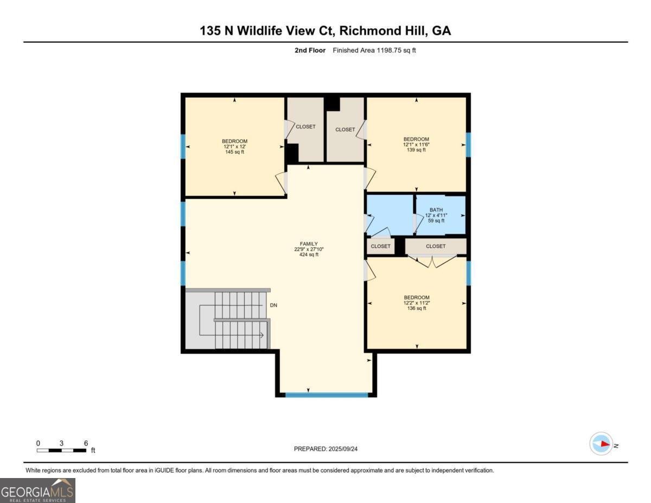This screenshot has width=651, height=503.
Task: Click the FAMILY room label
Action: coord(309,244)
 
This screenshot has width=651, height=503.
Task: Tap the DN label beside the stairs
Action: coord(274,305)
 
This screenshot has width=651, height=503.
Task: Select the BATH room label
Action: coord(436,209)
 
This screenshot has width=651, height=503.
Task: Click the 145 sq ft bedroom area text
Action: coord(234,152)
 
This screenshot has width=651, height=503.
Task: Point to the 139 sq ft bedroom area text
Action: coord(416,150)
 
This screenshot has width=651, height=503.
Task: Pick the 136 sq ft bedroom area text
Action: coord(417,308)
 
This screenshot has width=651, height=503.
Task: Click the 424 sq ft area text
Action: coord(309,254)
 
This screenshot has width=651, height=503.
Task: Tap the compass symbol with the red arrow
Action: coord(601,444)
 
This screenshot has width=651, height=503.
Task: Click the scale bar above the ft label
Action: coord(62,450)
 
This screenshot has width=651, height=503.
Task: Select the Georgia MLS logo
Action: coord(38,490)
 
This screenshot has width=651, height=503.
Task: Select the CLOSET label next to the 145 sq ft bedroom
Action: coord(305,126)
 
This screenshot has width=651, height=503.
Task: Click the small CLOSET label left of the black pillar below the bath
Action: coord(380,246)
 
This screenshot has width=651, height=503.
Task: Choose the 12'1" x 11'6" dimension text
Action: coord(416,144)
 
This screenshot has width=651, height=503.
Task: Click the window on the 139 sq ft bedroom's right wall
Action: coord(468,144)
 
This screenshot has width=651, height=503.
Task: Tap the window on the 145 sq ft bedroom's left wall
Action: coord(183,146)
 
